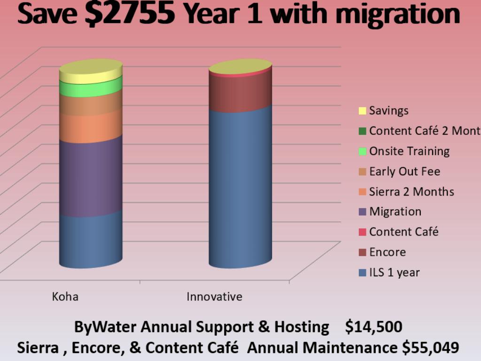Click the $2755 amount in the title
pyautogui.click(x=130, y=14)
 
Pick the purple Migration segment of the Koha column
pyautogui.click(x=91, y=176)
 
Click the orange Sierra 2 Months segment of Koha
pyautogui.click(x=91, y=127)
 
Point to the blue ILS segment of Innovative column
pyautogui.click(x=240, y=188)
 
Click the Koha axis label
pyautogui.click(x=65, y=297)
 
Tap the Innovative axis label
pyautogui.click(x=214, y=297)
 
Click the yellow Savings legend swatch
pyautogui.click(x=362, y=111)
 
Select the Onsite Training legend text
pyautogui.click(x=409, y=151)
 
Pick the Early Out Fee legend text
pyautogui.click(x=404, y=172)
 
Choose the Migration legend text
pyautogui.click(x=395, y=212)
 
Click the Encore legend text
pyautogui.click(x=387, y=252)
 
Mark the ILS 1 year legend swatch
pyautogui.click(x=362, y=273)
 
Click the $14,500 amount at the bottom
pyautogui.click(x=373, y=327)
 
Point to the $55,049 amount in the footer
pyautogui.click(x=430, y=348)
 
